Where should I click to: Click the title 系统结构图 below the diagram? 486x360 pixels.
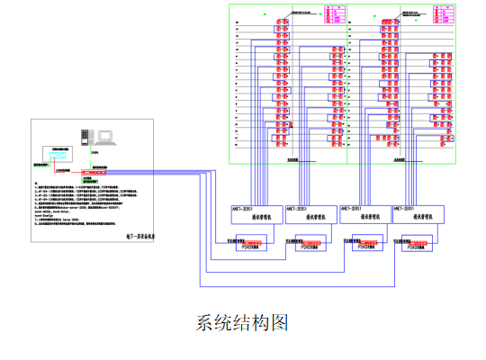242,322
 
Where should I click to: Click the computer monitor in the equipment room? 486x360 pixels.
106,138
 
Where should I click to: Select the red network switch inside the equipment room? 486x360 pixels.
93,170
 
